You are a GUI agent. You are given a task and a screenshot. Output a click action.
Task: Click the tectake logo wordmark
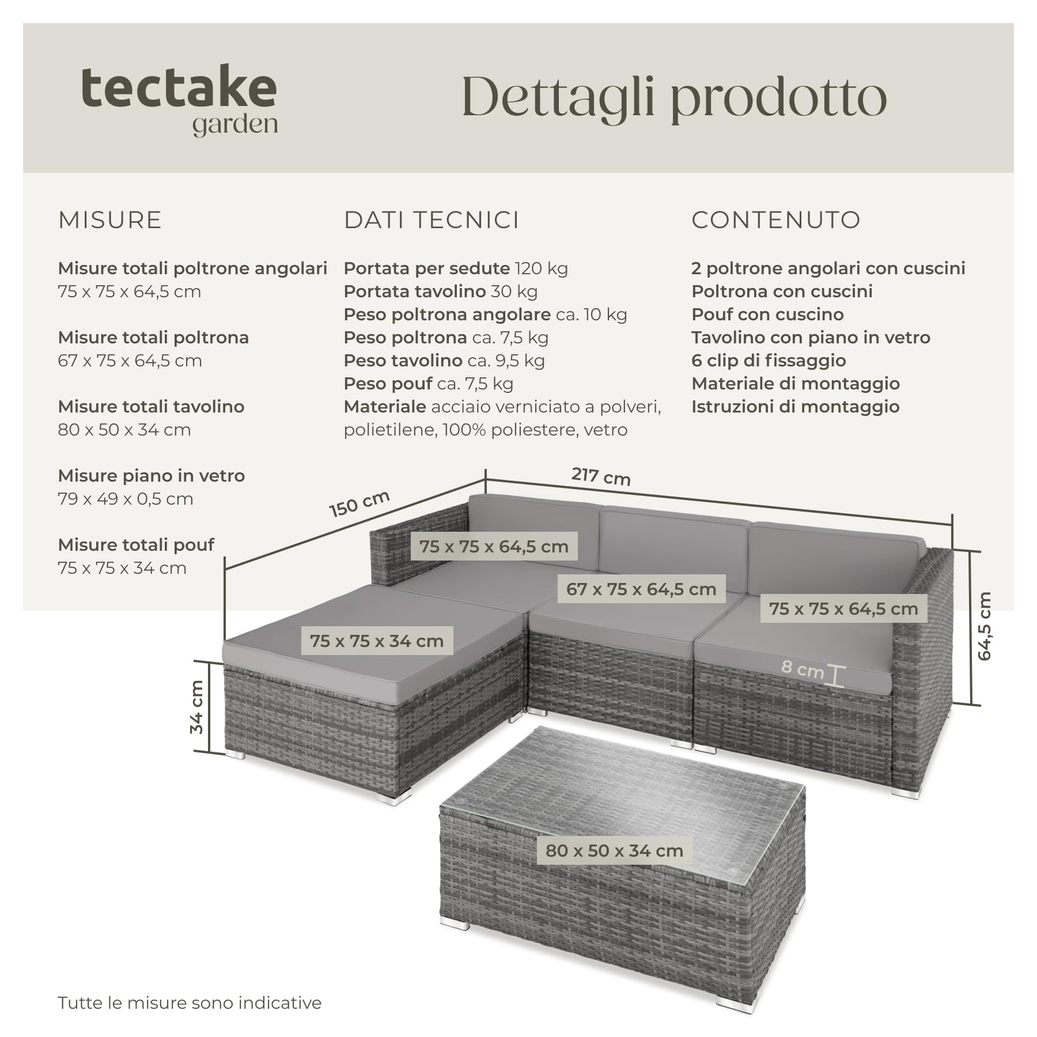point(179,87)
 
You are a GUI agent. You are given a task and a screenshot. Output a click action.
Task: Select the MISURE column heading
point(110,220)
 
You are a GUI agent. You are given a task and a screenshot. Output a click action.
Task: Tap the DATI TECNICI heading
point(432,220)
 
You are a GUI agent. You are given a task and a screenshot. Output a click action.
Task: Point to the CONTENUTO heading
point(776,220)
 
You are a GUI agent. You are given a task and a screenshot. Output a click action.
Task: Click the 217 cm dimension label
point(601,476)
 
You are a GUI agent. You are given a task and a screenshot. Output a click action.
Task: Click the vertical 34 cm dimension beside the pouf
point(196,707)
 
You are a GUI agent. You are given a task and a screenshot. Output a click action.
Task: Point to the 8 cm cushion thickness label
point(803,669)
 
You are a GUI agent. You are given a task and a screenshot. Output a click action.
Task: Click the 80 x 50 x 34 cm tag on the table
point(614,850)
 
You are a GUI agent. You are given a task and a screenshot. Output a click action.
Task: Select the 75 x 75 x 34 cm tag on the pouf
point(377,641)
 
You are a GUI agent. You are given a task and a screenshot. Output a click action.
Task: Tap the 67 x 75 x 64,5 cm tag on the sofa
point(641,589)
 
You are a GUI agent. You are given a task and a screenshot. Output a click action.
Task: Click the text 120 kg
point(541,268)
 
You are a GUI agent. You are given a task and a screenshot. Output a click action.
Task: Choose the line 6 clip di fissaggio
point(769,361)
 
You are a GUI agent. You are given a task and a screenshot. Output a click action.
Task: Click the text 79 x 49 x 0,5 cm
point(126,499)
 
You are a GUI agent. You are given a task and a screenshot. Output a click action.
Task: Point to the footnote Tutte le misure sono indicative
point(190,1002)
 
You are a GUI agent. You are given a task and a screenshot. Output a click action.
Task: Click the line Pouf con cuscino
point(767,315)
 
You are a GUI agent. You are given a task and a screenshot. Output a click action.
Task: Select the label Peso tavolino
point(403,361)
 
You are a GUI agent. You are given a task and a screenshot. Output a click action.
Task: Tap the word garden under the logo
point(235,125)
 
